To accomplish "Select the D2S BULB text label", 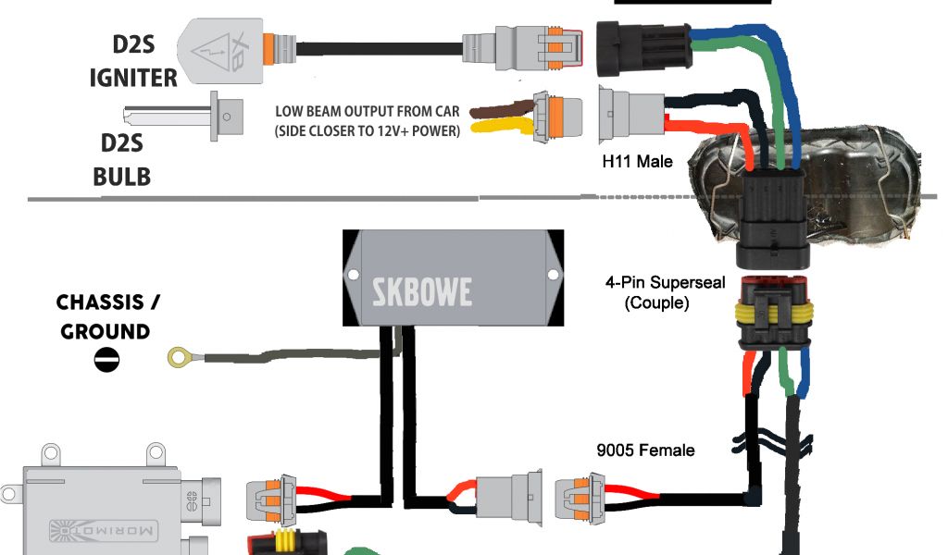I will click(121, 159).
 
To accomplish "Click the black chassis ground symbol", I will click(106, 359).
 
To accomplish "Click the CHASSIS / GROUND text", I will click(104, 316).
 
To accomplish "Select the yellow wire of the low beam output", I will click(500, 130).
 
